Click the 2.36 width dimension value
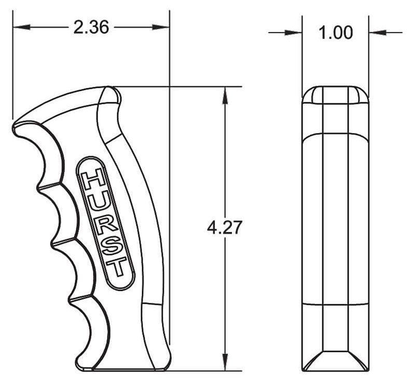(91, 27)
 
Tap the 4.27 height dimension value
(223, 227)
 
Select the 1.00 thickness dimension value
(336, 33)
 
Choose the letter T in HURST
(117, 267)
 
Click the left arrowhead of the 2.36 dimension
(21, 27)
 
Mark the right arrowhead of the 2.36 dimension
(161, 27)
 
